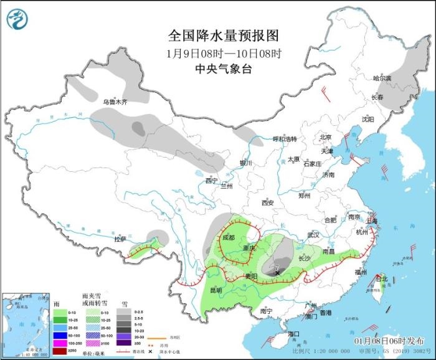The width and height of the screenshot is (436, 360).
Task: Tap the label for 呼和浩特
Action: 285,138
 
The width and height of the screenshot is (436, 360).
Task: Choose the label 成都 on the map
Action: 228,237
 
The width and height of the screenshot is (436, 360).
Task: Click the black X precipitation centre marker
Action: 277,272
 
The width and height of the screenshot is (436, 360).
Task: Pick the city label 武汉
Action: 313,235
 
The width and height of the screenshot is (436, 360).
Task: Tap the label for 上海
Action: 372,220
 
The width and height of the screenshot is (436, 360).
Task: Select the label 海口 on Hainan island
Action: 293,334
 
